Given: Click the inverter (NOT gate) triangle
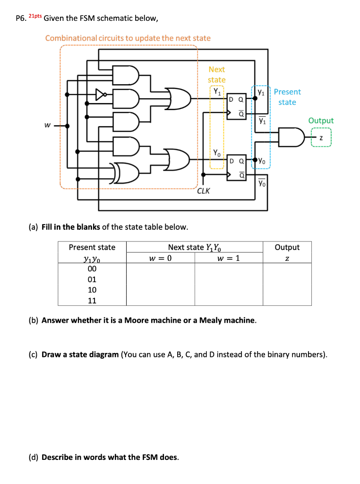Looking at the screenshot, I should (x=100, y=95).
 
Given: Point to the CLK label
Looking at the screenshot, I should (x=204, y=191).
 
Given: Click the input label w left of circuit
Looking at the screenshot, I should (x=47, y=125).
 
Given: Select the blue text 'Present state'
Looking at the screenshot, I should (x=287, y=97).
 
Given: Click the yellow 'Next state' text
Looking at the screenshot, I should (x=217, y=75).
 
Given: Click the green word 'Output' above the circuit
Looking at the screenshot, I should (x=321, y=121).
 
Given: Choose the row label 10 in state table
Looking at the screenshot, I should (x=92, y=290).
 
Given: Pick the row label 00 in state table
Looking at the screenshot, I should (x=92, y=268).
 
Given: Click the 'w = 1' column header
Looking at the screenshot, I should (x=229, y=258).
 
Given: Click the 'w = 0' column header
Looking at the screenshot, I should (x=160, y=258).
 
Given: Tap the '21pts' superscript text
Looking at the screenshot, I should (x=35, y=16).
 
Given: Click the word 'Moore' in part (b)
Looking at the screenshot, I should (x=137, y=320).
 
